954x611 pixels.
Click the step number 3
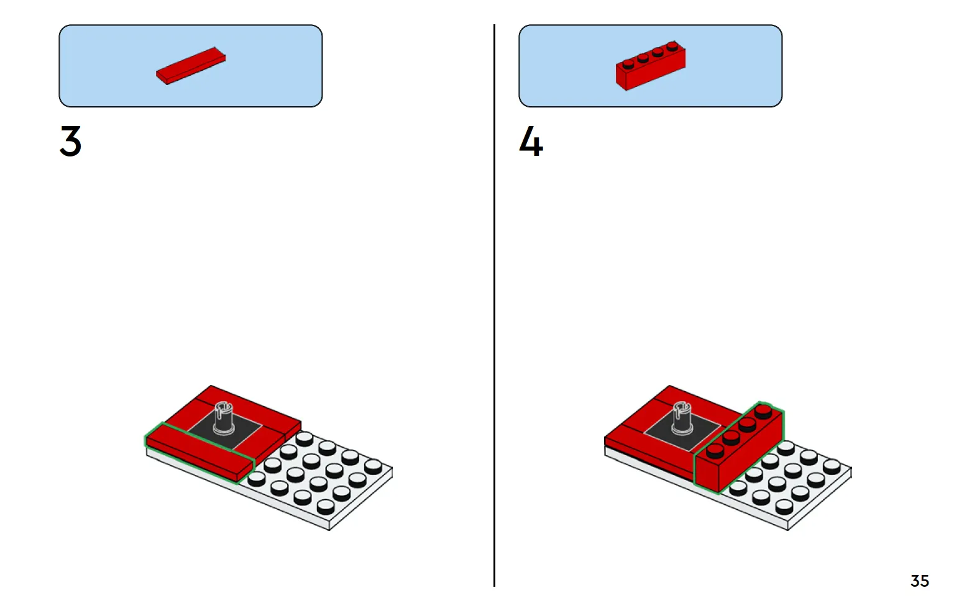pyautogui.click(x=71, y=141)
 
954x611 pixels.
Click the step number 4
pyautogui.click(x=531, y=141)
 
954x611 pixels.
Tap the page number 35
pyautogui.click(x=919, y=581)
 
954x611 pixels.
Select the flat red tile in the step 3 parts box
pyautogui.click(x=191, y=66)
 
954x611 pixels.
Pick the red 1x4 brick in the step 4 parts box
pyautogui.click(x=650, y=66)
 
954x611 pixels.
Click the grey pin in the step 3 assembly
pyautogui.click(x=224, y=419)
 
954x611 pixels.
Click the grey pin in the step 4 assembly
pyautogui.click(x=682, y=419)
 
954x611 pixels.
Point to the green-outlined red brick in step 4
pyautogui.click(x=738, y=448)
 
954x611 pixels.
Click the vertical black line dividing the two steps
pyautogui.click(x=494, y=305)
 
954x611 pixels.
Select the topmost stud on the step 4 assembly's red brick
pyautogui.click(x=763, y=410)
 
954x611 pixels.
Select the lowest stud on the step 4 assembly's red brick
pyautogui.click(x=715, y=451)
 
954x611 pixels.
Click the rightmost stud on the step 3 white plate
pyautogui.click(x=373, y=466)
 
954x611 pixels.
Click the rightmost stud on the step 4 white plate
pyautogui.click(x=832, y=466)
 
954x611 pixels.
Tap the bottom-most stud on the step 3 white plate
pyautogui.click(x=326, y=506)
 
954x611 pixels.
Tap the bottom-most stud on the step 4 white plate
pyautogui.click(x=784, y=506)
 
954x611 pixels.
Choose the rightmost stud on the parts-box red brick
pyautogui.click(x=672, y=45)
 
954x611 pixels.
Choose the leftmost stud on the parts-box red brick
pyautogui.click(x=628, y=64)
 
